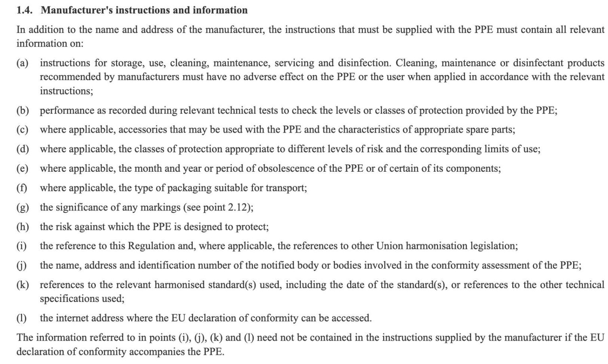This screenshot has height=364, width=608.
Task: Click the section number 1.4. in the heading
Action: (x=24, y=10)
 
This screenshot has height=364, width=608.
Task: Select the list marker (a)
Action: (x=22, y=63)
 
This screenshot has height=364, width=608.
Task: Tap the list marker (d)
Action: (x=23, y=149)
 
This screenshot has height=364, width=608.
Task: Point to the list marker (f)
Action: (x=22, y=188)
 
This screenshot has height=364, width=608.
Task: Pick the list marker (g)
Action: (x=23, y=207)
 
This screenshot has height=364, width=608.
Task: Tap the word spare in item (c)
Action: (x=471, y=130)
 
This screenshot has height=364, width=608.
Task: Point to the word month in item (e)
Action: (x=148, y=169)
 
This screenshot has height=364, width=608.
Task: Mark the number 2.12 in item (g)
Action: (x=237, y=207)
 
